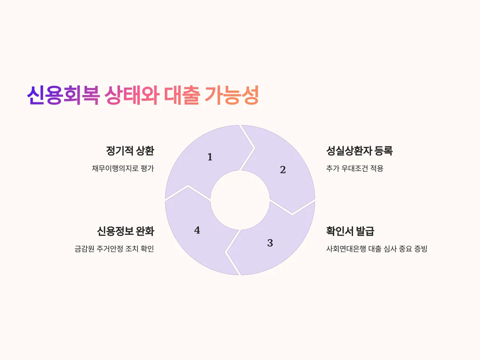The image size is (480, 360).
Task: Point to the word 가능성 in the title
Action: click(232, 96)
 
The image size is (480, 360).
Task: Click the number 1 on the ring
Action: click(210, 157)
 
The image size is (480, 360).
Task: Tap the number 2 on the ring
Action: click(283, 170)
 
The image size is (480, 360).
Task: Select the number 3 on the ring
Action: click(270, 243)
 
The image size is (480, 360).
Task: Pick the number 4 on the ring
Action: click(197, 230)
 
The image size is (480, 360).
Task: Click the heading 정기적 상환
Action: click(130, 151)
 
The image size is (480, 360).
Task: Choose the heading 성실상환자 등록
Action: click(360, 151)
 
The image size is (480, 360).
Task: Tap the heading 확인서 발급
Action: click(350, 231)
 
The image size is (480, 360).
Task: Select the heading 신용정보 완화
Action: click(125, 231)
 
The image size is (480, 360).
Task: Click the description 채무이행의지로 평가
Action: click(123, 168)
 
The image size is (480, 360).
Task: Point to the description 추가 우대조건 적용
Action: click(355, 168)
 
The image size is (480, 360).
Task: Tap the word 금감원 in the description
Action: click(83, 249)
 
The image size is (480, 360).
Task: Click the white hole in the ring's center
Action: click(240, 200)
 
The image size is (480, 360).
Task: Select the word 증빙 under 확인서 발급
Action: click(421, 249)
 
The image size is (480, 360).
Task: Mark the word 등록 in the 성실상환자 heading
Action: click(383, 151)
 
